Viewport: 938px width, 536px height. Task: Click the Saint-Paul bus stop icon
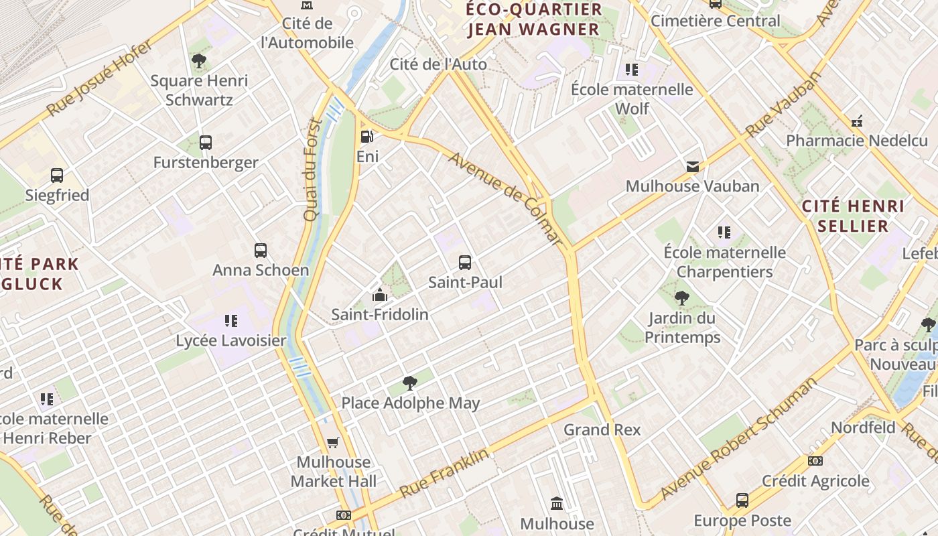click(465, 262)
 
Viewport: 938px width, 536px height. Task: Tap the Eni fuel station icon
click(366, 137)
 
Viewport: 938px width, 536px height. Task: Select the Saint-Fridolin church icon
click(380, 295)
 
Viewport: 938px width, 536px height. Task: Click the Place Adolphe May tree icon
click(410, 383)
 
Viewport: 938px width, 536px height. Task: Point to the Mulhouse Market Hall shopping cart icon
click(333, 442)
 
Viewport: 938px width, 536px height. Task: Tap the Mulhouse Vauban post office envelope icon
click(692, 166)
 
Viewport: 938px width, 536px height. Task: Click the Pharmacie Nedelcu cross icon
click(856, 121)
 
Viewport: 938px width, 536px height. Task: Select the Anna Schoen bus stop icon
click(261, 251)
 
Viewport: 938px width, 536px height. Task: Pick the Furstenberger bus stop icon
click(206, 142)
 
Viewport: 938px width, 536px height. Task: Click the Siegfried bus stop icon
click(57, 176)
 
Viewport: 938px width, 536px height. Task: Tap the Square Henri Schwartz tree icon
click(199, 61)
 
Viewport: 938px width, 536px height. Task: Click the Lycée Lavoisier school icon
click(231, 321)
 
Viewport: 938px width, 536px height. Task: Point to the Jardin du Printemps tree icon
click(682, 298)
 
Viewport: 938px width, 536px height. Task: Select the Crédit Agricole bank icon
click(815, 461)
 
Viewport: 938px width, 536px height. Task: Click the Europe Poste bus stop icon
click(742, 500)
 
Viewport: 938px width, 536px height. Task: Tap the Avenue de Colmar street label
click(505, 198)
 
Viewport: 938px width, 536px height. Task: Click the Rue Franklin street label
click(444, 473)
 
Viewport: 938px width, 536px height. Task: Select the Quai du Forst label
click(312, 170)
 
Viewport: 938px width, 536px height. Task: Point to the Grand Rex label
click(602, 429)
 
